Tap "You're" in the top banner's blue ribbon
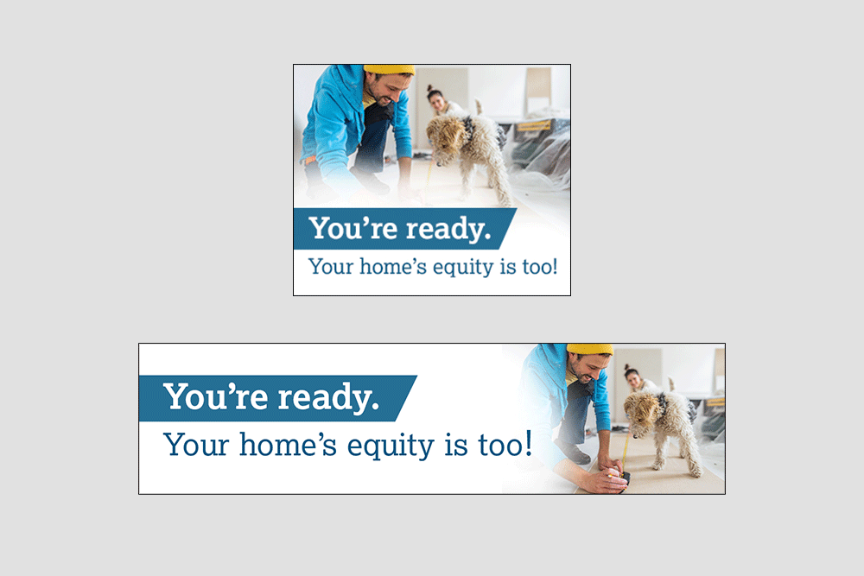pyautogui.click(x=353, y=228)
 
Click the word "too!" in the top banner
pyautogui.click(x=540, y=267)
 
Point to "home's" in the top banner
pyautogui.click(x=393, y=267)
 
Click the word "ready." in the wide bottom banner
pyautogui.click(x=328, y=397)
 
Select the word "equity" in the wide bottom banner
pyautogui.click(x=391, y=446)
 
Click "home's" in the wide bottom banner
pyautogui.click(x=288, y=444)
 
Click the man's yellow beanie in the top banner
pyautogui.click(x=389, y=69)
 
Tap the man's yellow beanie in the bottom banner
pyautogui.click(x=589, y=349)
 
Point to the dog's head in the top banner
pyautogui.click(x=442, y=133)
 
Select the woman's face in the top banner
pyautogui.click(x=437, y=101)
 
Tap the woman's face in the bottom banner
pyautogui.click(x=633, y=378)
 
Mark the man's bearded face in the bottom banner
pyautogui.click(x=588, y=368)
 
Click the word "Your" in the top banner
pyautogui.click(x=331, y=267)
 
